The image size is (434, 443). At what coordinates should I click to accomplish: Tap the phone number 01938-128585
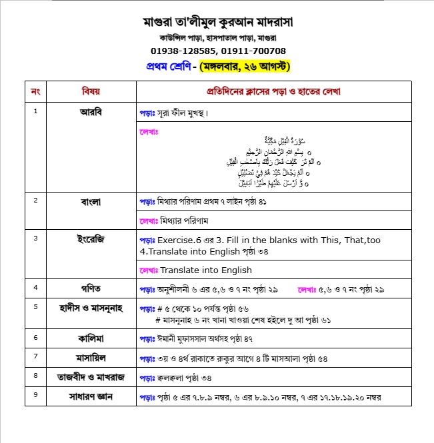(183, 51)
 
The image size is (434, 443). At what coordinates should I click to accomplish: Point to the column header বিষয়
(91, 91)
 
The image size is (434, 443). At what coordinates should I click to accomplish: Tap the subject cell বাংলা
(91, 200)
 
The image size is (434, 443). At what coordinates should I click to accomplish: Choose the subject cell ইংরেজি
(91, 238)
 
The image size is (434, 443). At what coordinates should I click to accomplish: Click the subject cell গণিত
(91, 288)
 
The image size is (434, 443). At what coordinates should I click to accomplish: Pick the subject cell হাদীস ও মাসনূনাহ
(91, 306)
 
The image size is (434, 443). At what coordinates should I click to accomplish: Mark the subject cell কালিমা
(91, 338)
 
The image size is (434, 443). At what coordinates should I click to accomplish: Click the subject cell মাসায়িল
(91, 358)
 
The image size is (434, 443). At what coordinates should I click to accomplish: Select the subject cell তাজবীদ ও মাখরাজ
(91, 377)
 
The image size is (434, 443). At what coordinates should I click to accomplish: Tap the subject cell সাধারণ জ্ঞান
(91, 397)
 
